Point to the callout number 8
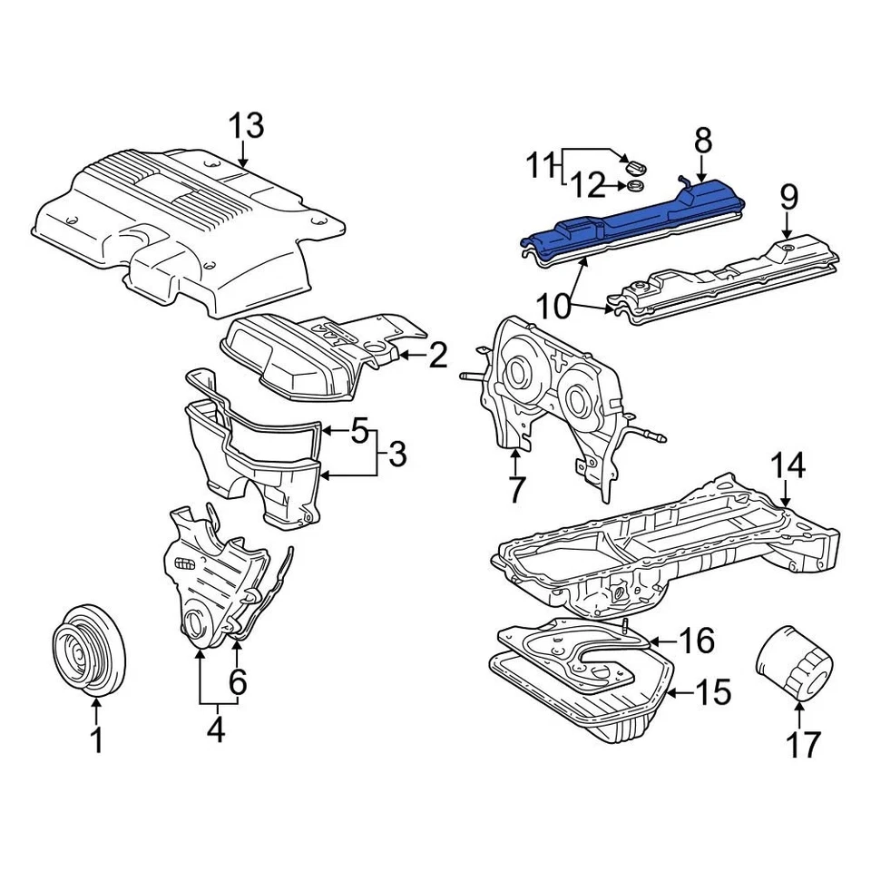coord(703,141)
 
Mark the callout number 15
coord(713,693)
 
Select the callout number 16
coord(696,641)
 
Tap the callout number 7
coord(515,490)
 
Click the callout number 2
coord(438,357)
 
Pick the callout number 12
coord(587,187)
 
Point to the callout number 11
coord(541,166)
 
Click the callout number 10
coord(553,306)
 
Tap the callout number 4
coord(215,730)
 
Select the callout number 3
coord(396,455)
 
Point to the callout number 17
coord(802,744)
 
